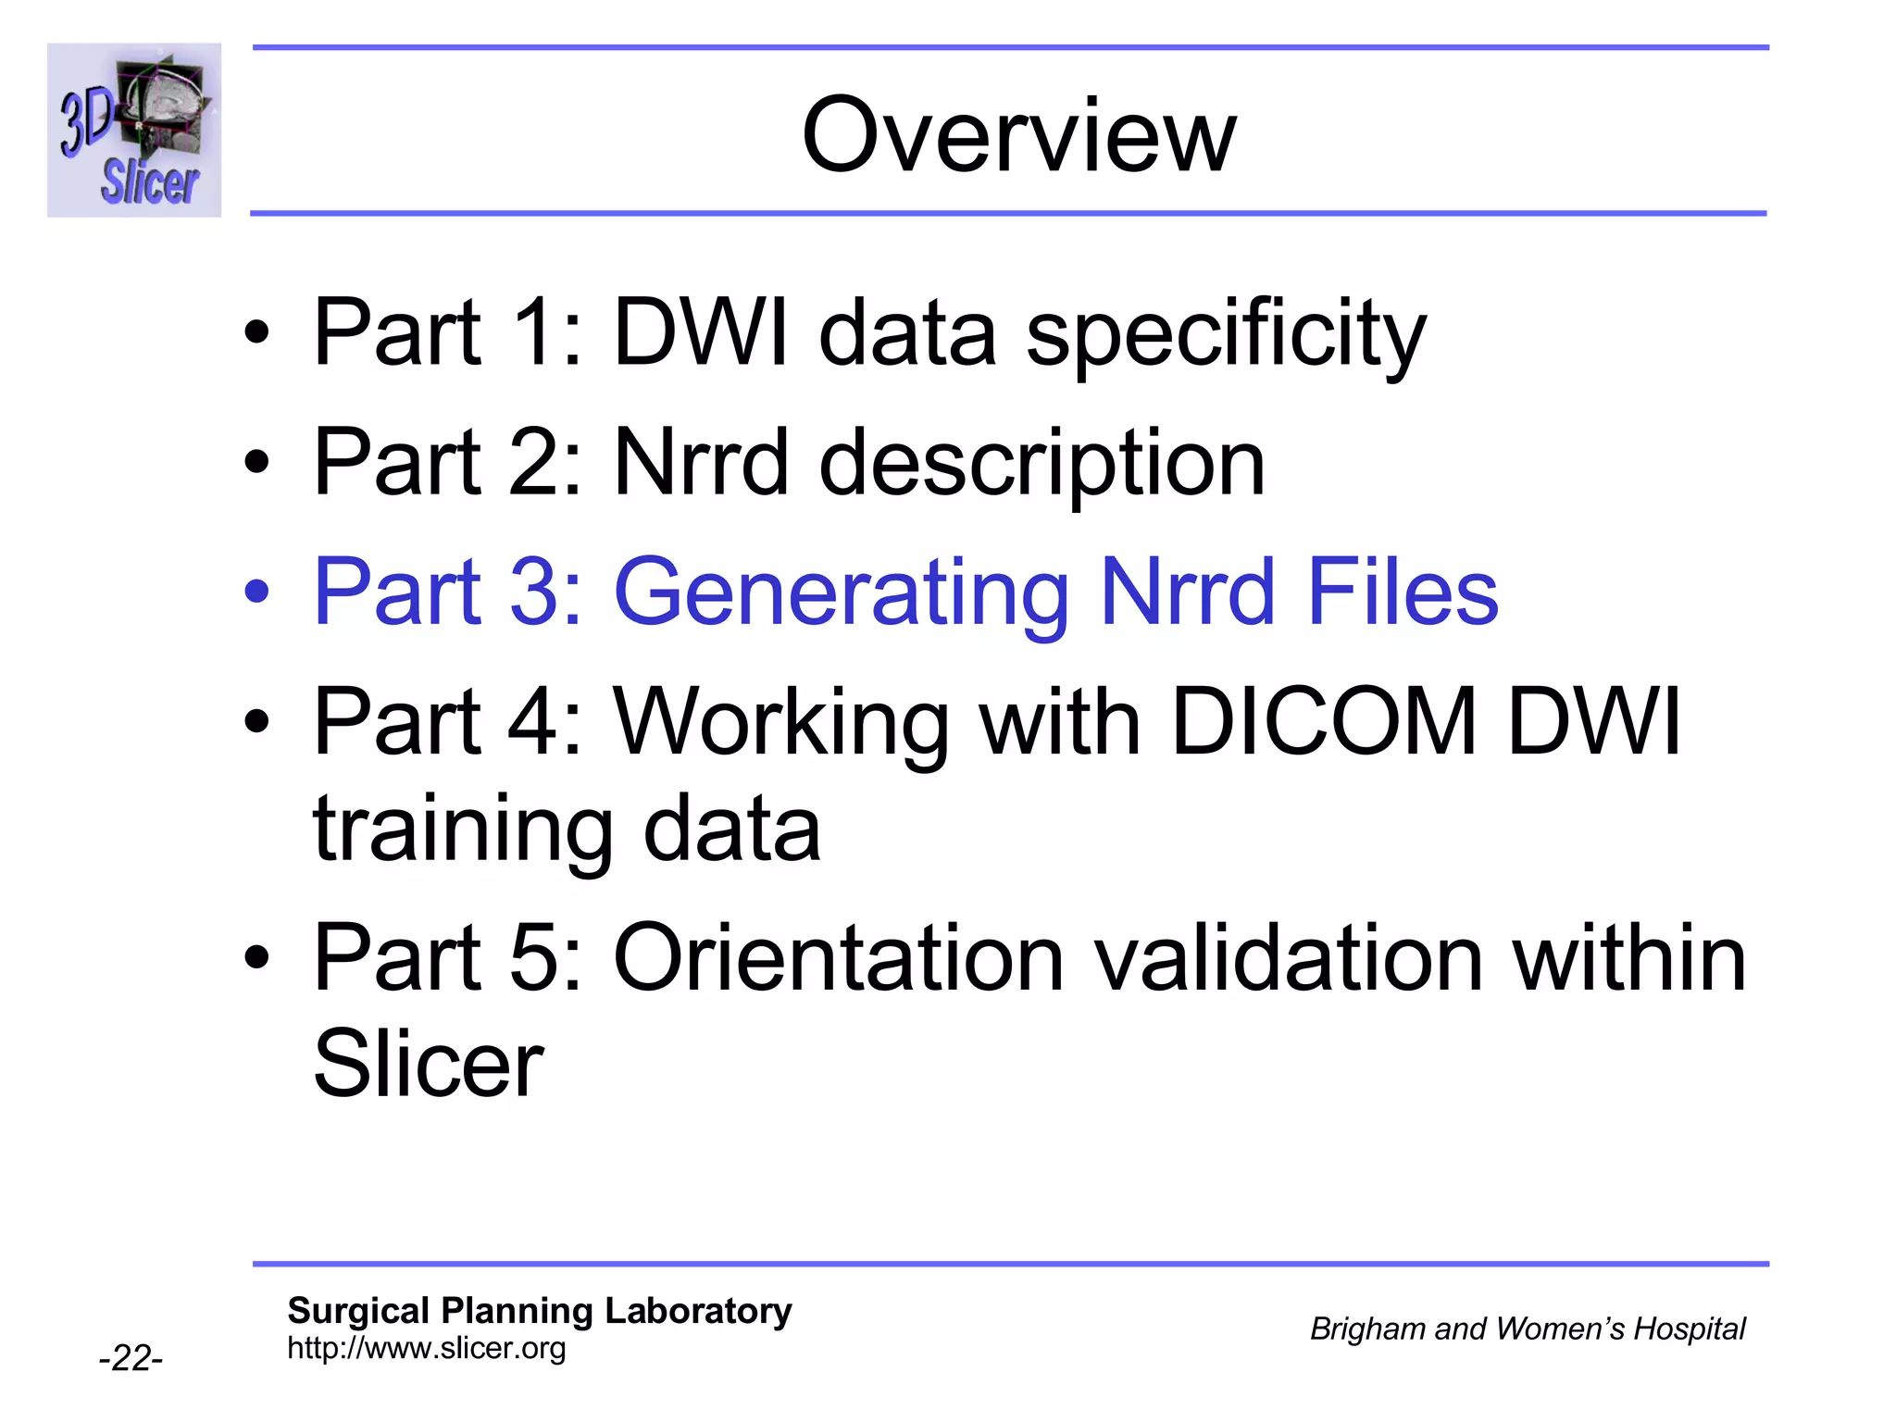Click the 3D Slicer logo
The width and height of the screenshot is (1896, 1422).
pos(134,130)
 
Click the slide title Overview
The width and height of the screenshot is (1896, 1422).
pos(1018,136)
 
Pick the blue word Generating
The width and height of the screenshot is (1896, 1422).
pos(841,592)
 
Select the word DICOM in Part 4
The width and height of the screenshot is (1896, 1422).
pos(1323,722)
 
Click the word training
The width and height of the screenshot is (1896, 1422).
pos(463,829)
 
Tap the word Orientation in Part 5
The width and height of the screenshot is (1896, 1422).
pos(838,959)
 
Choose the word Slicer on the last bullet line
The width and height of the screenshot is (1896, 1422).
pos(428,1065)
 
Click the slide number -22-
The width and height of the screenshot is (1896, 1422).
pos(131,1358)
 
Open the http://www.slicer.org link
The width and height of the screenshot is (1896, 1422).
pos(426,1348)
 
